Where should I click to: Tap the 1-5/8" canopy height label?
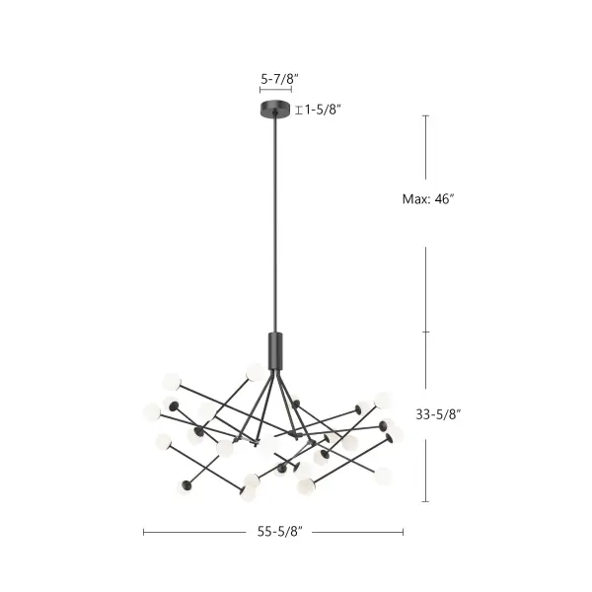coord(324,111)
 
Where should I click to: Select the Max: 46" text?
coord(427,198)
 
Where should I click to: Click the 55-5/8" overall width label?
coord(278,532)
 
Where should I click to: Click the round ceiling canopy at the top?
coord(276,108)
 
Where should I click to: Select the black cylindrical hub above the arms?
coord(275,350)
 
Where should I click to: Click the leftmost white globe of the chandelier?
coord(152,410)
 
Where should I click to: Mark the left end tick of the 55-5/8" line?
coord(144,532)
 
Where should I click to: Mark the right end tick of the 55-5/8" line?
coord(403,532)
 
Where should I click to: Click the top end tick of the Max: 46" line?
coord(426,115)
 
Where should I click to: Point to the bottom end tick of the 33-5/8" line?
coord(426,502)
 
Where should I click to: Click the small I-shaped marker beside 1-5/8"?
coord(299,111)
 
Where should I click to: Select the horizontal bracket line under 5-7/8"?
coord(276,91)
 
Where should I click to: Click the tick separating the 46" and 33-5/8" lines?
coord(426,332)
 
